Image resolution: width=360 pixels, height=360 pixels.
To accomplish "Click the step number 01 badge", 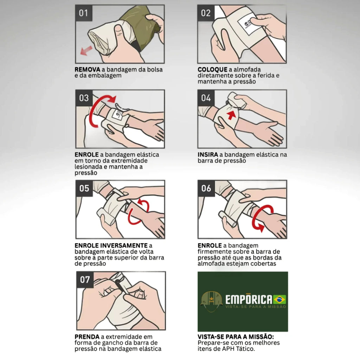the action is (x=84, y=13).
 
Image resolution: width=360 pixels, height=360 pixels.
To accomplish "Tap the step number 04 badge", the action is (x=206, y=98).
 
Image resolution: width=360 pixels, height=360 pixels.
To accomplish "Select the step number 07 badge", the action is (x=85, y=279).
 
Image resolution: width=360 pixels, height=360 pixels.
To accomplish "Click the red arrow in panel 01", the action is (x=86, y=51).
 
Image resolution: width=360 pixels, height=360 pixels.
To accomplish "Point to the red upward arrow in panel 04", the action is (x=231, y=115).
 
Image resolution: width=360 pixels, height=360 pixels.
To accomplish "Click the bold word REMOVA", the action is (x=88, y=69).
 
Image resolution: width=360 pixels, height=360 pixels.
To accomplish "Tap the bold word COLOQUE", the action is (x=212, y=69).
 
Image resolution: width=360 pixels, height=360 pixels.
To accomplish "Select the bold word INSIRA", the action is (x=208, y=155).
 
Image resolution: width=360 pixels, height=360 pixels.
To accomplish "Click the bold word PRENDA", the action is (x=87, y=337).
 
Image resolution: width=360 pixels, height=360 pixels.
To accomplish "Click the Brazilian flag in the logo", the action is (x=279, y=300).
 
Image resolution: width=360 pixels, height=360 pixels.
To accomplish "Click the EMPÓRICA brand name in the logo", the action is (x=249, y=299).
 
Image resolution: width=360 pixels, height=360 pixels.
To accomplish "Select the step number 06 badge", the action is (x=206, y=188).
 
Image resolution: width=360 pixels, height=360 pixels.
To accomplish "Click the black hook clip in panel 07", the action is (x=121, y=286).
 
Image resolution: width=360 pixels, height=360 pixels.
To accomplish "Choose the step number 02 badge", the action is (x=206, y=13).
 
